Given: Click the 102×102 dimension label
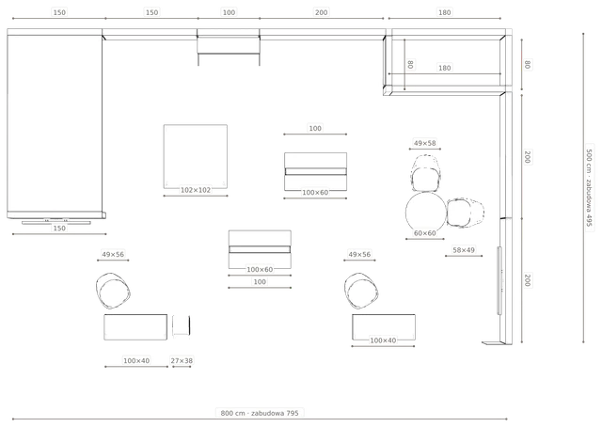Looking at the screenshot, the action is [x=196, y=190].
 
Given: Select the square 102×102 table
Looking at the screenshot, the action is [x=196, y=156].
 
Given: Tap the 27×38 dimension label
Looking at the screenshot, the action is [x=182, y=360].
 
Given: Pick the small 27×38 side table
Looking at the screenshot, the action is [x=182, y=325].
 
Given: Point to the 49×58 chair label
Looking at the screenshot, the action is [x=424, y=143].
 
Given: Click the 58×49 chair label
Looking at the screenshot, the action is [x=464, y=250].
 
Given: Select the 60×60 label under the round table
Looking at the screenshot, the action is [x=424, y=233].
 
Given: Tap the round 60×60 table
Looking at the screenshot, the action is [x=426, y=212].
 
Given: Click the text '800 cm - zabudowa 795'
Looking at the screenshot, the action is [x=260, y=413].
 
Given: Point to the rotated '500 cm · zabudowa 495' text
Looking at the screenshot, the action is [x=589, y=188].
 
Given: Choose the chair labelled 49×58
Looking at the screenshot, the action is [x=425, y=174].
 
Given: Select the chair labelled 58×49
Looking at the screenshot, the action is [x=466, y=213].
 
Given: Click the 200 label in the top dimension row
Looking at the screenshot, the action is [x=321, y=12].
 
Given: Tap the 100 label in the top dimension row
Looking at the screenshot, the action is [x=229, y=12].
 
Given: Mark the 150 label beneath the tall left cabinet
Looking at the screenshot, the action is [x=59, y=229].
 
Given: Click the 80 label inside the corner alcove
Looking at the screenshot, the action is [x=410, y=64].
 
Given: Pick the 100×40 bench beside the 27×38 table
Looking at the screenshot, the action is [x=135, y=327].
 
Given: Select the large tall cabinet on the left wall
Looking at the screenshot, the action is [x=55, y=124].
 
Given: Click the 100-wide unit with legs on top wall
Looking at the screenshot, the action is [x=229, y=47].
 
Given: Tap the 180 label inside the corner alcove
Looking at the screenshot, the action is [x=444, y=68].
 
